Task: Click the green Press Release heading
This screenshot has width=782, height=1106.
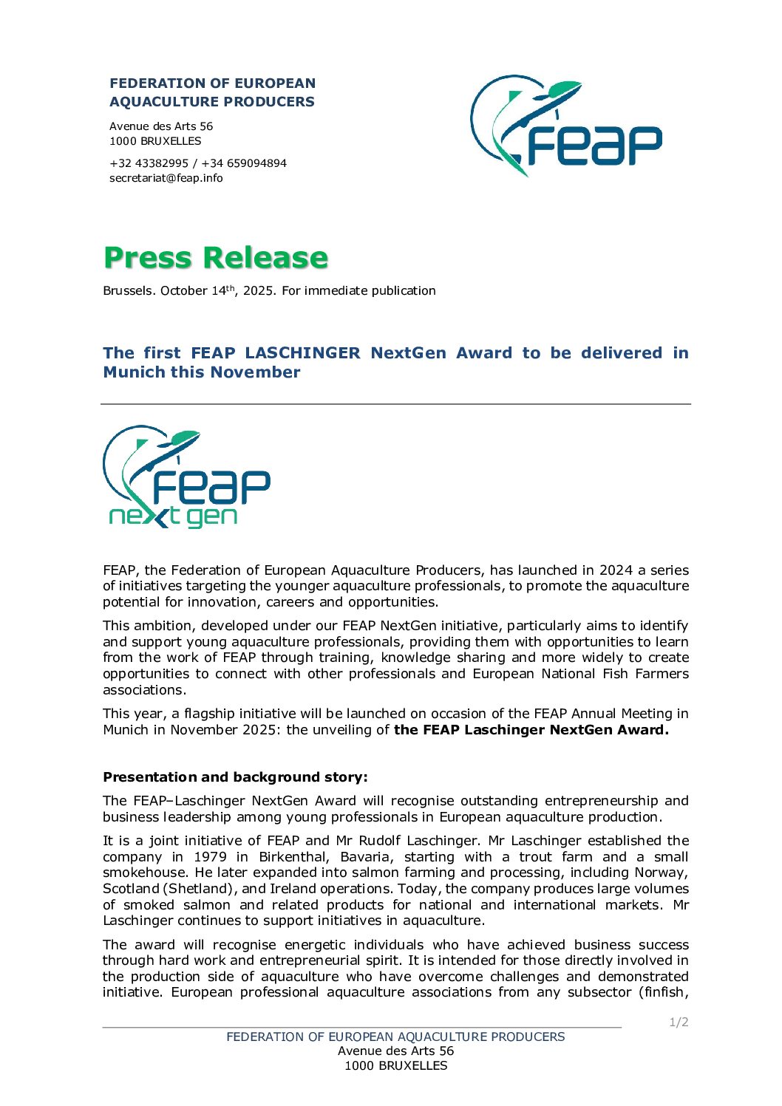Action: (215, 258)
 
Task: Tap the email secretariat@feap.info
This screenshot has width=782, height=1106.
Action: (166, 178)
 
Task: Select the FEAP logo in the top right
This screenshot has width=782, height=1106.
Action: (565, 125)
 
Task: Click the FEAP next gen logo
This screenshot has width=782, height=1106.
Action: (186, 477)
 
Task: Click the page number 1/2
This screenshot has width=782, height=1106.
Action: (679, 1023)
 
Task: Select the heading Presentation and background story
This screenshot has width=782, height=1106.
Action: (235, 777)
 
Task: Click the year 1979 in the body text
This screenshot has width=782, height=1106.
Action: (210, 857)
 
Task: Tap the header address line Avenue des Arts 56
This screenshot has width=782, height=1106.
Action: (161, 126)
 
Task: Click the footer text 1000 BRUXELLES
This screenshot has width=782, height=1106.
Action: (395, 1065)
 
